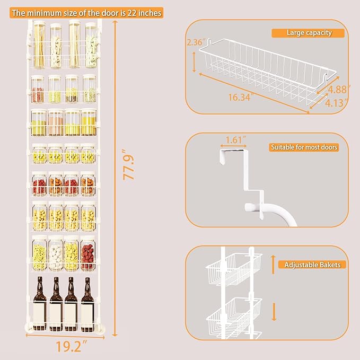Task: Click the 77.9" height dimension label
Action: click(128, 164)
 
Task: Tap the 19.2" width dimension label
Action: click(72, 346)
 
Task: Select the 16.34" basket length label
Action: click(241, 98)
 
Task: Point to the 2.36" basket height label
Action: click(196, 42)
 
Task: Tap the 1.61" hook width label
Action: click(235, 140)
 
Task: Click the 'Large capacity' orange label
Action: click(308, 33)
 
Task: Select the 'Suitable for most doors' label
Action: click(304, 147)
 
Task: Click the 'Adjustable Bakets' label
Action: click(312, 265)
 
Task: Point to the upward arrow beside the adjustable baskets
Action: click(273, 265)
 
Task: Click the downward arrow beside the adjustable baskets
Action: click(274, 312)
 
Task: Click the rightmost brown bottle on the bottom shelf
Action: click(87, 304)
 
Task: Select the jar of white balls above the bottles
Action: click(56, 253)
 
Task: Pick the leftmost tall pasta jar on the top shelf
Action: click(39, 45)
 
